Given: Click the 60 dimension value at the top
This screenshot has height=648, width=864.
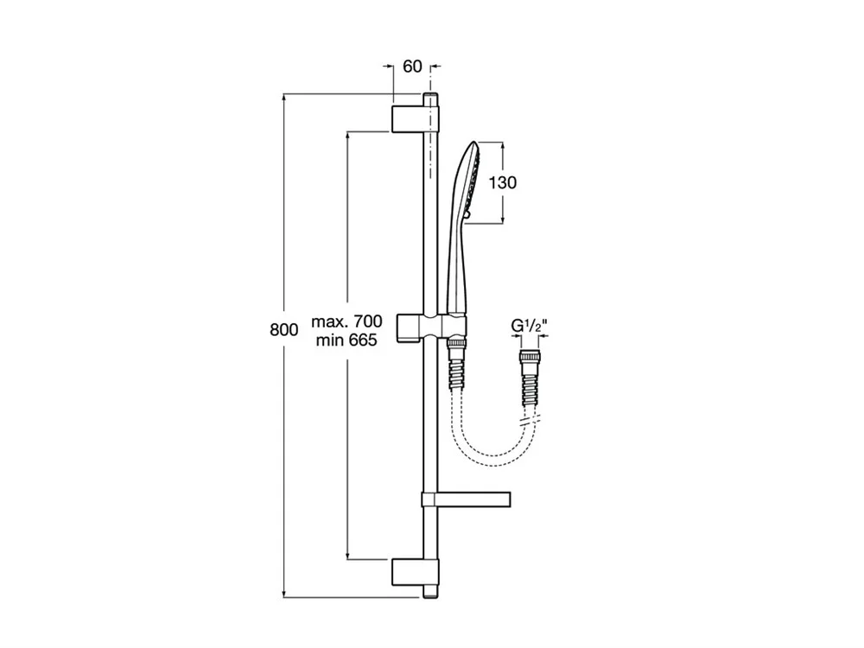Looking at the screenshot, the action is [x=412, y=67].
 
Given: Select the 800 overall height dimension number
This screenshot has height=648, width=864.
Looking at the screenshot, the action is [x=283, y=329].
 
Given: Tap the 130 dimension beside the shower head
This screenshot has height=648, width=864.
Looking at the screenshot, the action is [x=503, y=181].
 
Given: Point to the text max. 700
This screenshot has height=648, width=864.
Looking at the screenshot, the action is [x=346, y=321].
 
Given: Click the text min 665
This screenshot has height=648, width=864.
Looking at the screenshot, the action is [x=346, y=340].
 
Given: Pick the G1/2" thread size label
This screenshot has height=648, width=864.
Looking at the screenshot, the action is [x=529, y=326].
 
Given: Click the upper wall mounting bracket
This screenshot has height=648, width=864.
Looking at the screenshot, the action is [x=416, y=118].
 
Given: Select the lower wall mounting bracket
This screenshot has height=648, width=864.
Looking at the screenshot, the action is [x=416, y=573].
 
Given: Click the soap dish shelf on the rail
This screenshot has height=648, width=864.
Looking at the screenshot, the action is [x=467, y=499].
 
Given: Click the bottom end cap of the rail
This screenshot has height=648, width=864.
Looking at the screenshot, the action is [x=431, y=592].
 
